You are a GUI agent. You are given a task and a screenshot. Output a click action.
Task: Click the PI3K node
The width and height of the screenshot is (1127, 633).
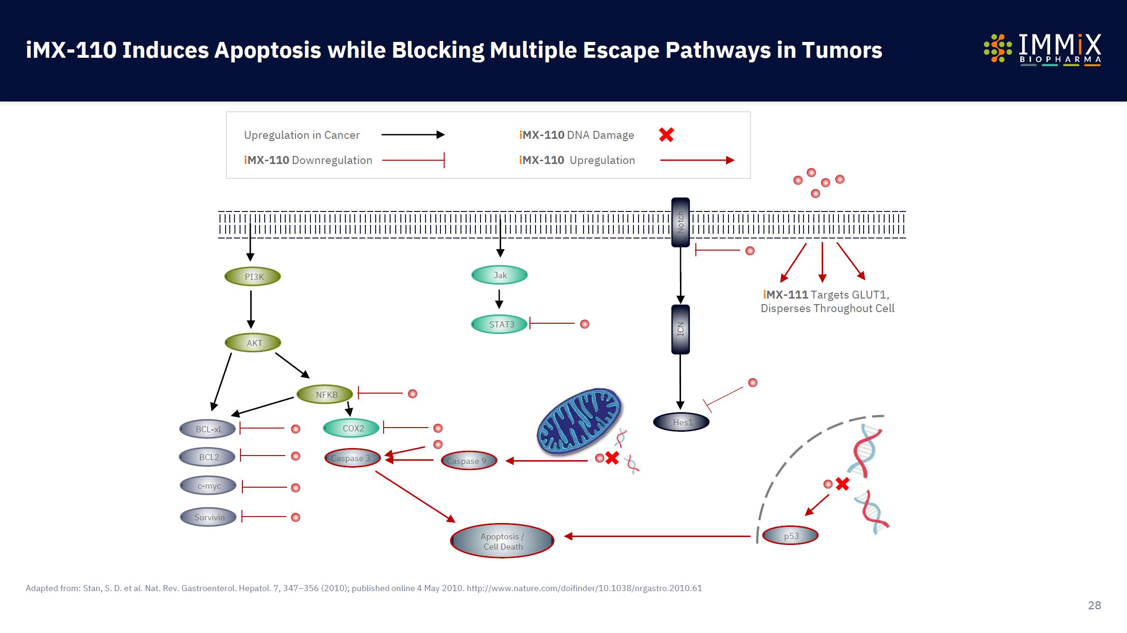point(253,277)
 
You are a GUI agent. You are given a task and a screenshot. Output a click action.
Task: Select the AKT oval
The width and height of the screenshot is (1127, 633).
point(253,343)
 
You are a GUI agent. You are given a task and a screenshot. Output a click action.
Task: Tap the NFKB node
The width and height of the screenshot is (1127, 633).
point(325,395)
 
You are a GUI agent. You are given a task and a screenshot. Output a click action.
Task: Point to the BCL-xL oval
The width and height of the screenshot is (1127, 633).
point(208,429)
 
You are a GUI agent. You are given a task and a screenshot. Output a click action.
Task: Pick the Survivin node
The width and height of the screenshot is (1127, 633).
point(208,517)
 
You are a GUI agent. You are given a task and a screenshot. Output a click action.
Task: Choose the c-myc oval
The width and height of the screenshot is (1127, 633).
point(208,486)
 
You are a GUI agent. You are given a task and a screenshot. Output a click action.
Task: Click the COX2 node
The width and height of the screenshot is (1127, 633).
point(351,428)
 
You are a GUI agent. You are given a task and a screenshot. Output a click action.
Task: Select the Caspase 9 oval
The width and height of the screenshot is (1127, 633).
point(469,461)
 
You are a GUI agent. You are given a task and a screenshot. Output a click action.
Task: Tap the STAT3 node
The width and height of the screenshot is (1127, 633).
point(500,324)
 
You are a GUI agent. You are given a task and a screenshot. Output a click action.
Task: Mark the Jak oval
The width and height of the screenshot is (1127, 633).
point(500,275)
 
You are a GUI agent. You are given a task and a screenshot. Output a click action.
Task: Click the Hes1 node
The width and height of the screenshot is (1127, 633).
point(681,422)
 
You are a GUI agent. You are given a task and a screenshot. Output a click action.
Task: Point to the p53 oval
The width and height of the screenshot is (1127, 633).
point(790,536)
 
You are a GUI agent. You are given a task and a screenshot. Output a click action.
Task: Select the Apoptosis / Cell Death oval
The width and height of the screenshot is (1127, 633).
point(502,541)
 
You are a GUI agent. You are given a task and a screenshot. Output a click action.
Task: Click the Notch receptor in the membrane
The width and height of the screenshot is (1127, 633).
point(680,222)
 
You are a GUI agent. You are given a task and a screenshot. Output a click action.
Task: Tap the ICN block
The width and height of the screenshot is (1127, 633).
point(680,329)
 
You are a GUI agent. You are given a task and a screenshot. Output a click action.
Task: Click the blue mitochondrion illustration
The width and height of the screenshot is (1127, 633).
point(579,421)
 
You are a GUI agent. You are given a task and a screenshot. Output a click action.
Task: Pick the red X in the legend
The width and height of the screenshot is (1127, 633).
point(667,135)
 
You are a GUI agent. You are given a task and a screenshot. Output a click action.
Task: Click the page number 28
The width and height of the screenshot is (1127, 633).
point(1094,605)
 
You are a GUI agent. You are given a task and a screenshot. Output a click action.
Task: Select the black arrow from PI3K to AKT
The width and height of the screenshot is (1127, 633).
point(251,309)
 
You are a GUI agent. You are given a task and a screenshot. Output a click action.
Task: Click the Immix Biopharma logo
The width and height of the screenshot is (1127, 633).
point(1043,49)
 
